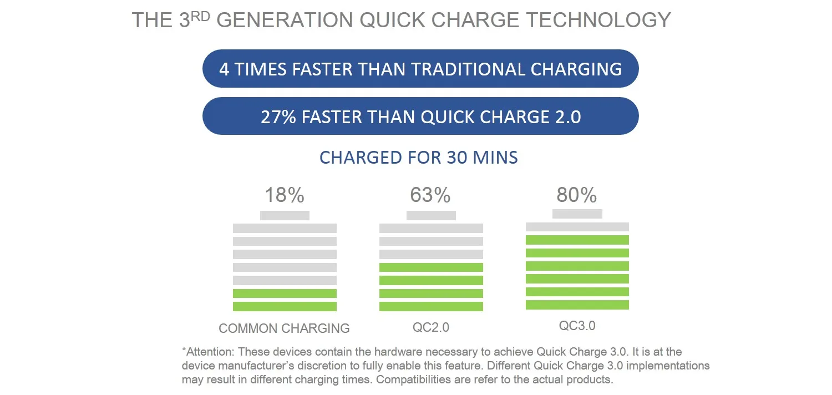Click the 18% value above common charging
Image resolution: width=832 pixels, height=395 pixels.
[284, 195]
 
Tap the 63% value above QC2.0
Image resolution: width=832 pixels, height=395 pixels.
[430, 195]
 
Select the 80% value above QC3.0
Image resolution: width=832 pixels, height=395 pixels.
[577, 195]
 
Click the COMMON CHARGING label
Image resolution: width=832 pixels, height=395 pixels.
[284, 328]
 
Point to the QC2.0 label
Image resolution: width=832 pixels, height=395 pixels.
[431, 328]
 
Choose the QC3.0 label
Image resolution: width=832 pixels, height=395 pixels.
[577, 326]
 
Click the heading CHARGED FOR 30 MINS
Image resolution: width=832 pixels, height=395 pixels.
[419, 158]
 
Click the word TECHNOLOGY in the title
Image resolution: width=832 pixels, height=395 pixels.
[598, 21]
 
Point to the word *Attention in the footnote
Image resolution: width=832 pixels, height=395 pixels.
[206, 352]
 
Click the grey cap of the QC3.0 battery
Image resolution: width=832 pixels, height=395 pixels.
[577, 214]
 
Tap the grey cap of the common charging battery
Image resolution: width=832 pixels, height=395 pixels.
[285, 215]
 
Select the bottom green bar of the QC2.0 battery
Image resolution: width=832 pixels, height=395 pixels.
[431, 306]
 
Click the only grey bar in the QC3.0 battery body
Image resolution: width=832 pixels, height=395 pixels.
[577, 227]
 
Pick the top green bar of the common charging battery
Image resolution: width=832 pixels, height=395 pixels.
[285, 293]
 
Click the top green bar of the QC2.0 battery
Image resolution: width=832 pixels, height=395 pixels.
[431, 267]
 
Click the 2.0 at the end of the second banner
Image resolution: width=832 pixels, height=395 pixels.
[567, 117]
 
